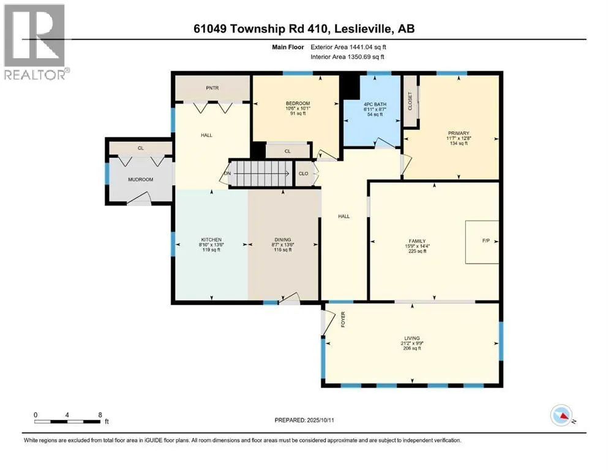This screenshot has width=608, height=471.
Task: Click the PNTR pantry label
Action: click(x=212, y=88)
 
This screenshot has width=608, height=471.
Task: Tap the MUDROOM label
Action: click(x=140, y=180)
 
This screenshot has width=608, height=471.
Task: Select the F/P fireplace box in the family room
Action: click(x=482, y=242)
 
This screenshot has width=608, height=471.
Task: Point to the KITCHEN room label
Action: click(x=211, y=240)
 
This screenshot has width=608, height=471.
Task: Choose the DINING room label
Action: click(x=283, y=240)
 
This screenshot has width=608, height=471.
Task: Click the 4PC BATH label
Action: click(x=375, y=104)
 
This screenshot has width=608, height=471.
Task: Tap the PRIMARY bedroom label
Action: click(x=459, y=133)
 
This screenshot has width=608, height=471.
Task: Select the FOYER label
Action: click(x=343, y=320)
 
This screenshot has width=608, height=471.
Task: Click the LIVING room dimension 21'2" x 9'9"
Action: click(x=412, y=343)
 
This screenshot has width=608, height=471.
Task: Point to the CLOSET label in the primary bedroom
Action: click(x=410, y=101)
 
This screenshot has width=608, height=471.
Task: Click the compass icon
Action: click(x=561, y=415)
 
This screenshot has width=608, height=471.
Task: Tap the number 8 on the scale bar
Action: click(x=100, y=415)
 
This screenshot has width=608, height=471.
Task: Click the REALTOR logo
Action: click(x=37, y=42)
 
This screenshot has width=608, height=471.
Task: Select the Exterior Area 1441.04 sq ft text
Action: click(x=348, y=47)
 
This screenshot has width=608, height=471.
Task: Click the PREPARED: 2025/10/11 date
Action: click(x=304, y=420)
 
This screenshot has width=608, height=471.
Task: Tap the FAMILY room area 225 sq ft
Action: click(x=417, y=251)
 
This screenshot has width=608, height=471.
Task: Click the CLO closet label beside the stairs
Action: click(x=303, y=174)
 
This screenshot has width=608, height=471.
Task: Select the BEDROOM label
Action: click(x=298, y=103)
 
